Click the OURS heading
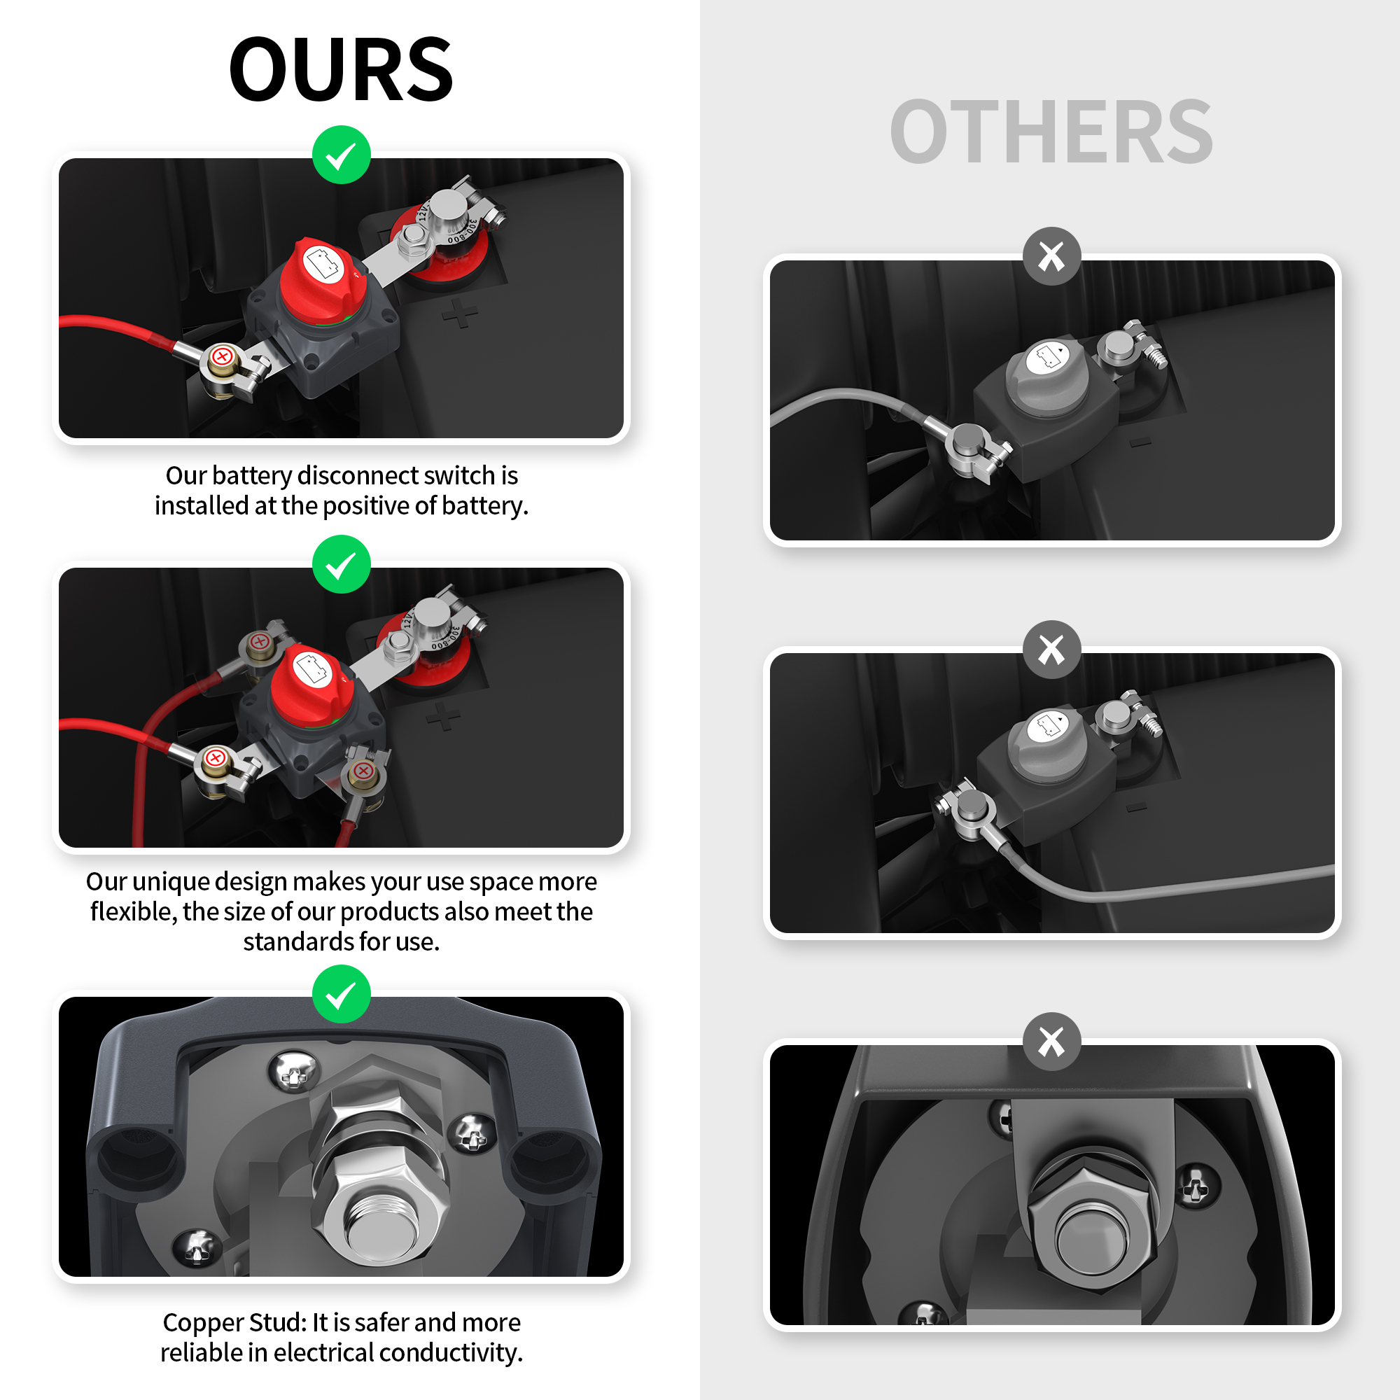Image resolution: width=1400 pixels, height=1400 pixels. click(341, 69)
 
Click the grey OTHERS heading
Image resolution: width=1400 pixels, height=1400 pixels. click(1051, 131)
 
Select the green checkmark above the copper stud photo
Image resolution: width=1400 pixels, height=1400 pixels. click(342, 994)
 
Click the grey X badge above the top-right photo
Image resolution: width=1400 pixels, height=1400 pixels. click(1051, 256)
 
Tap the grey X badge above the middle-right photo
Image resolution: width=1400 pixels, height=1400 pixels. click(1051, 650)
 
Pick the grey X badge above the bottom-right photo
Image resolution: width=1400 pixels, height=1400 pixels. click(1051, 1042)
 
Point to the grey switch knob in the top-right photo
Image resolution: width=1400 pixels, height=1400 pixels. click(1047, 377)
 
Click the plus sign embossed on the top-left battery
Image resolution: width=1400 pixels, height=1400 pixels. click(460, 313)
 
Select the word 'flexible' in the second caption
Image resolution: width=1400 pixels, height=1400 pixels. click(132, 911)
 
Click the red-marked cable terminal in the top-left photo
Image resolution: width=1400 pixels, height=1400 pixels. click(223, 357)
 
